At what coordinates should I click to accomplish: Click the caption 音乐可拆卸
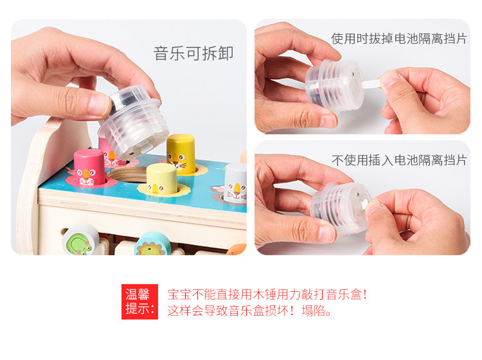[x=193, y=53]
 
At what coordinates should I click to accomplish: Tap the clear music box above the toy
[x=134, y=122]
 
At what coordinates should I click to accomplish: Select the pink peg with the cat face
[x=89, y=166]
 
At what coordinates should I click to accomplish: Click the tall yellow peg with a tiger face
[x=181, y=154]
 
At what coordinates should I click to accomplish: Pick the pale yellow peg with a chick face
[x=161, y=179]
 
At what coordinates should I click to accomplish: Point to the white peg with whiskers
[x=236, y=183]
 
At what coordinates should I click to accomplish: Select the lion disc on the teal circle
[x=152, y=245]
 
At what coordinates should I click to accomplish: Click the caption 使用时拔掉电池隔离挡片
[x=398, y=39]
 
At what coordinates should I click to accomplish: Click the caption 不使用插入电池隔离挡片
[x=398, y=160]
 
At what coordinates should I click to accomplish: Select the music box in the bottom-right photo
[x=339, y=206]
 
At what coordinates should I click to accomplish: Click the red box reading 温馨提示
[x=139, y=302]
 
